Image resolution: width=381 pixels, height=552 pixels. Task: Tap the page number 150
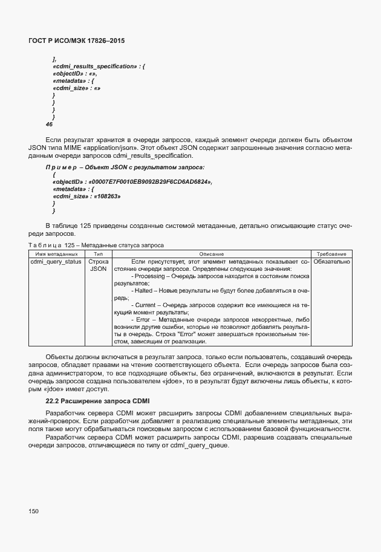[33, 511]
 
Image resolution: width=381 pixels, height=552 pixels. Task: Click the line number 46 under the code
[49, 124]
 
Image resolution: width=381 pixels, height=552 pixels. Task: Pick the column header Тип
[98, 253]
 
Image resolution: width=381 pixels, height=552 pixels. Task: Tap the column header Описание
[211, 253]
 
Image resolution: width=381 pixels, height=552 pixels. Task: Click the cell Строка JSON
[98, 265]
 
